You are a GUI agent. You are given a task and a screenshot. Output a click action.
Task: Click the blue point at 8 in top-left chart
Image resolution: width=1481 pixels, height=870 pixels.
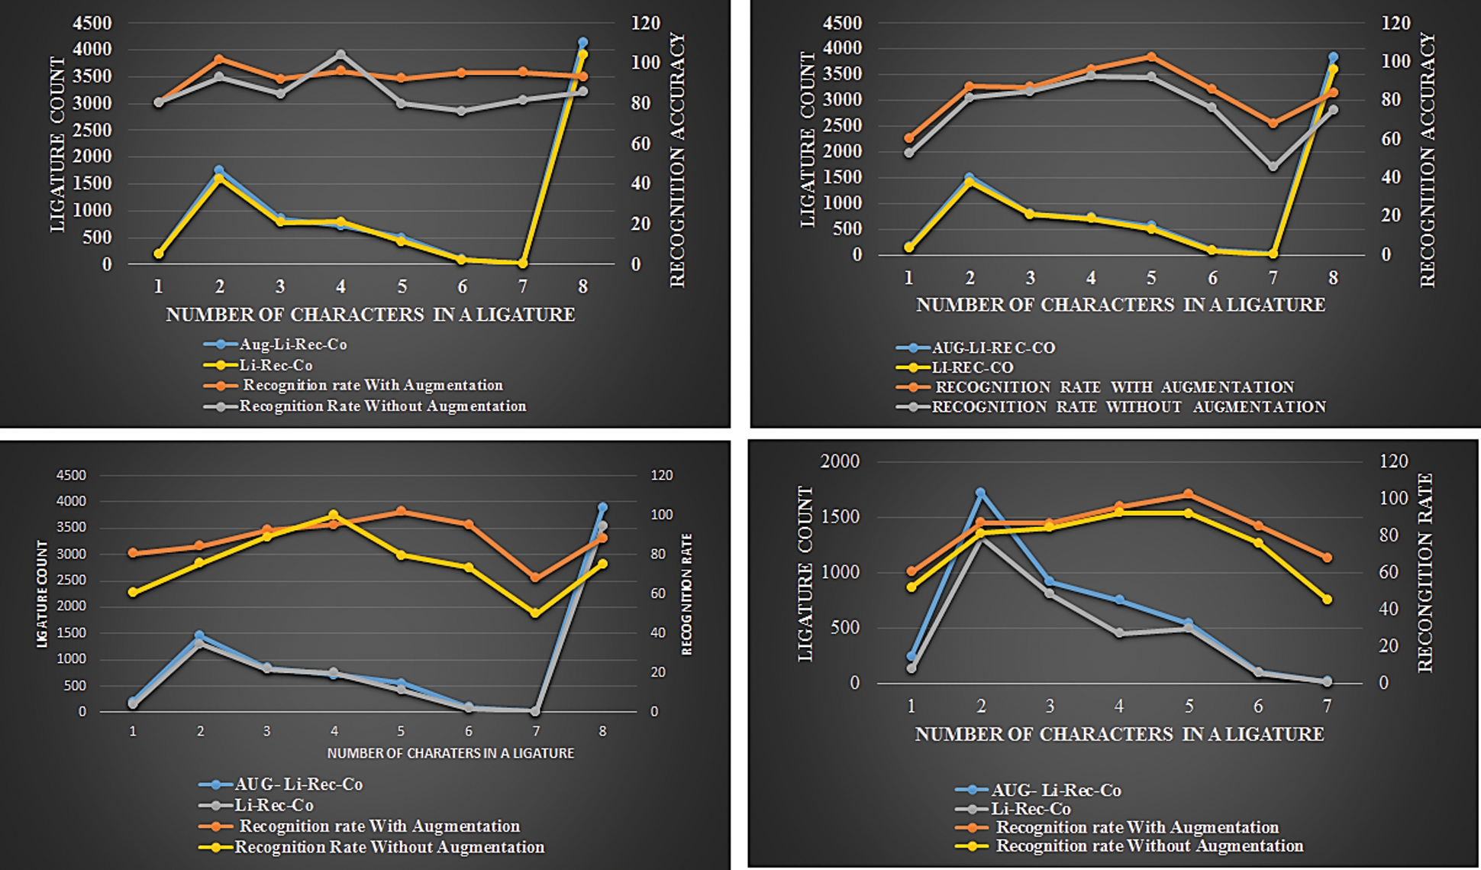click(582, 43)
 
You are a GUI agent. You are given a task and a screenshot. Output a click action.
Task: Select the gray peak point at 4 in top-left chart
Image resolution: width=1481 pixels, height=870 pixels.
click(340, 55)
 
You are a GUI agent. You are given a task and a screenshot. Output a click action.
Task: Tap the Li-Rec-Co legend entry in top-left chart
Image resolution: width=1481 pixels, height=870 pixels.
click(276, 365)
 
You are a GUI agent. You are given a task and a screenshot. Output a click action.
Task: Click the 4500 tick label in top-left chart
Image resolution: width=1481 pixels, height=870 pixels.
click(92, 23)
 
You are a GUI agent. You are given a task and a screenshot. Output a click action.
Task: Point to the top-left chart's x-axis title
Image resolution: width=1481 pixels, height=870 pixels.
click(370, 315)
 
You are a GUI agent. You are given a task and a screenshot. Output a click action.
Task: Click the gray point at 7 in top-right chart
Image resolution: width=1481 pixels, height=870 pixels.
click(1273, 167)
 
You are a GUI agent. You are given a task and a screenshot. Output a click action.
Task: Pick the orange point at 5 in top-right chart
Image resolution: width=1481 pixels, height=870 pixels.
click(1151, 57)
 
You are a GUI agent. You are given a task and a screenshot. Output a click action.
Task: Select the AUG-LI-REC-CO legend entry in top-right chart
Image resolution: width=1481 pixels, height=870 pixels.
click(993, 348)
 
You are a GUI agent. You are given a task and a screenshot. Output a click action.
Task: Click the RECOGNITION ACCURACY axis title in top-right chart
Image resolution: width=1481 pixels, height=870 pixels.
click(1428, 160)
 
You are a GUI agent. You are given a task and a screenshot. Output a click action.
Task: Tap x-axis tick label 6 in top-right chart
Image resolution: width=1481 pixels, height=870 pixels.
click(1212, 278)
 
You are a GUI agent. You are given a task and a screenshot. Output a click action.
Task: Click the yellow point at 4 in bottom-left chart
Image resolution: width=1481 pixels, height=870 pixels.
click(334, 515)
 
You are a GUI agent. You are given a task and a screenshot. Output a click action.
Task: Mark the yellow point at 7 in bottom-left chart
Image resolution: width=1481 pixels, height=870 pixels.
click(535, 613)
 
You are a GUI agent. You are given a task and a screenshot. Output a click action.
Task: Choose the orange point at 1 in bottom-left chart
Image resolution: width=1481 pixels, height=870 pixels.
click(133, 552)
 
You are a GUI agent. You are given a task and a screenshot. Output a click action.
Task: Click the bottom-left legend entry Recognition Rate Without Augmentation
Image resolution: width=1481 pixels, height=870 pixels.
click(389, 847)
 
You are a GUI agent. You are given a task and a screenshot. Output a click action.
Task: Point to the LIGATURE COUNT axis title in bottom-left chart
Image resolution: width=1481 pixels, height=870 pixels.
click(42, 594)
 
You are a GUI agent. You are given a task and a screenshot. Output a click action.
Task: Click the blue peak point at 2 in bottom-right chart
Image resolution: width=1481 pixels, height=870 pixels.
click(980, 493)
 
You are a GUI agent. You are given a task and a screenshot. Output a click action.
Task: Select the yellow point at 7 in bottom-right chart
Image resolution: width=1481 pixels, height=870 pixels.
click(1327, 600)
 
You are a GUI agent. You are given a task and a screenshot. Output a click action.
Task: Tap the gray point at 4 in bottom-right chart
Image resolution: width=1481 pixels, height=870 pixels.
click(1119, 633)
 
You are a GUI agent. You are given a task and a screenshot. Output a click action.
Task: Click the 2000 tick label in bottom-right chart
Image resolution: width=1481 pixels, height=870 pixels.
click(839, 461)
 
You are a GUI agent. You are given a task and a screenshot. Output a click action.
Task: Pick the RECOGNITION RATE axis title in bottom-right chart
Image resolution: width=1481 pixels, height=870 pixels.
click(1425, 573)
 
